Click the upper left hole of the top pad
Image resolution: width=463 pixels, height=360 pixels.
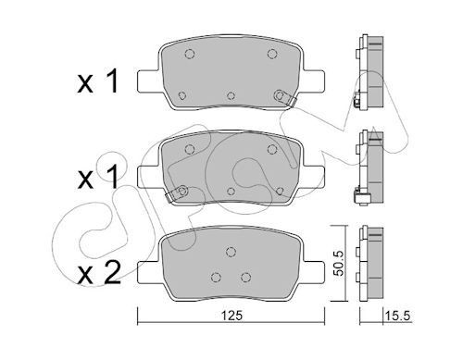[x=189, y=53]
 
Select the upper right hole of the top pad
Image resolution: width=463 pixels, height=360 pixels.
[x=270, y=53]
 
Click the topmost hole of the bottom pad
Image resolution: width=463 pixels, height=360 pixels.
[x=229, y=250]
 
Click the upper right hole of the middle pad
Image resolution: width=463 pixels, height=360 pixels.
[x=270, y=145]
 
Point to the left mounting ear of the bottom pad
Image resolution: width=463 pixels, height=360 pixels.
[x=148, y=270]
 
